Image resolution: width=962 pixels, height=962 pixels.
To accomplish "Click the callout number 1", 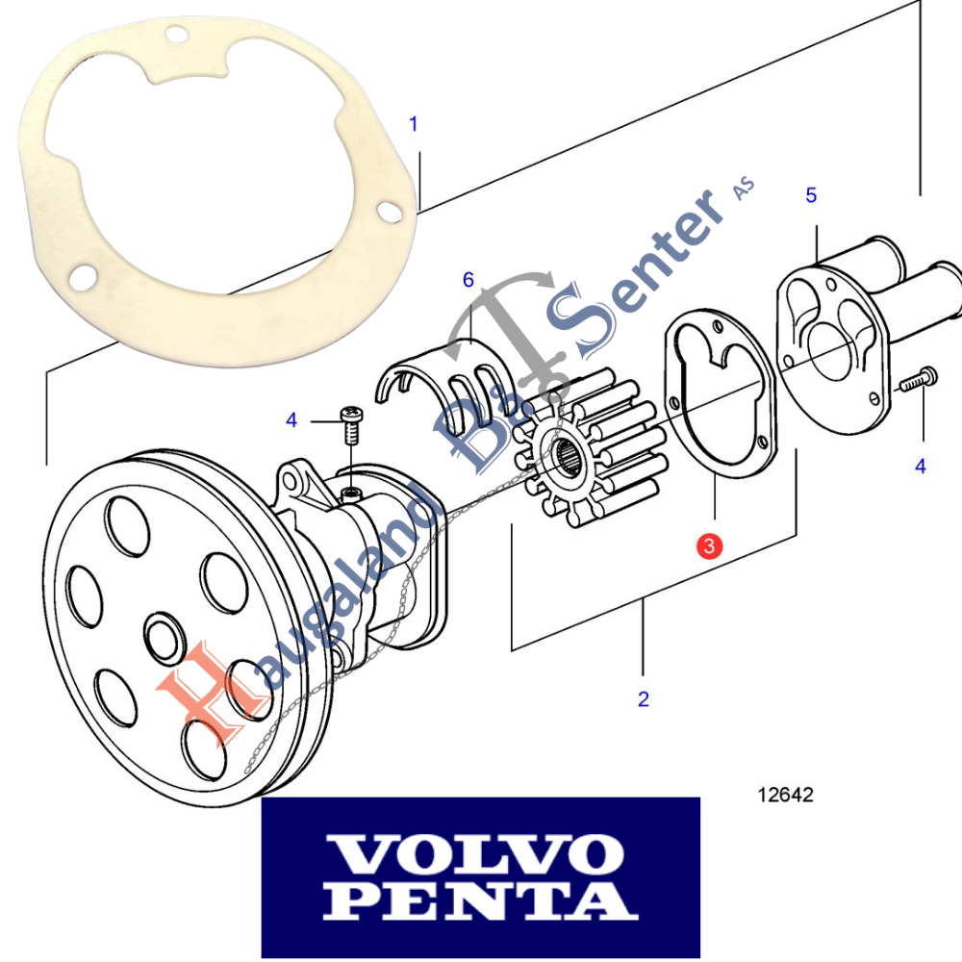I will click(414, 124).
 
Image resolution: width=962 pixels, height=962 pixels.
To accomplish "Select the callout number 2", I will click(643, 699).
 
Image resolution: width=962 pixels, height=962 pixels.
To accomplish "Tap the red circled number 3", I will click(708, 546).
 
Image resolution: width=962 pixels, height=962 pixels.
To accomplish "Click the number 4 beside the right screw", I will click(921, 467).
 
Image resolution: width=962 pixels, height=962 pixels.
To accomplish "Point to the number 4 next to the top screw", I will click(291, 419).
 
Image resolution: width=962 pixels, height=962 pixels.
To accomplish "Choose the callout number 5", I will click(811, 196).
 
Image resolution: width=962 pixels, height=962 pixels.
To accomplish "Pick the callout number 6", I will click(468, 280).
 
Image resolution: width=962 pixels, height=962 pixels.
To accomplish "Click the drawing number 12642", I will click(785, 796).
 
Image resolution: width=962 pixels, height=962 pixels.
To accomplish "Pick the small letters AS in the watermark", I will click(744, 190).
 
